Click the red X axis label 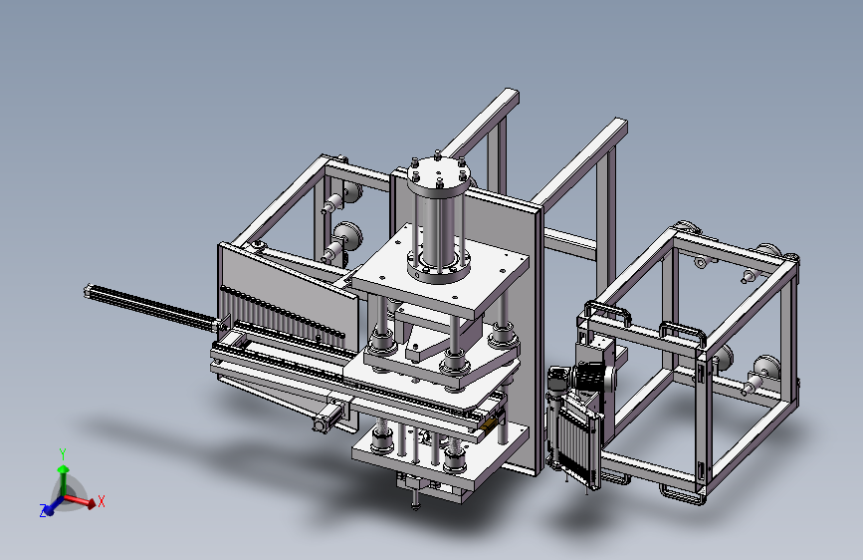(x=102, y=501)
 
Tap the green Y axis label (x=63, y=454)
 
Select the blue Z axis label (x=43, y=510)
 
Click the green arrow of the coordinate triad (x=64, y=479)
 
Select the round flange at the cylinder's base (x=439, y=266)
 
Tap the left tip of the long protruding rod (x=88, y=291)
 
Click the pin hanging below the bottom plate (x=415, y=500)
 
